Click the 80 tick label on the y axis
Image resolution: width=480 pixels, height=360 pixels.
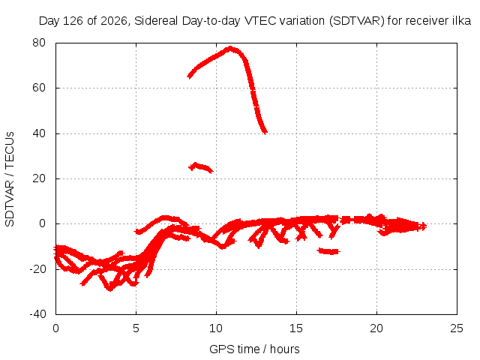coord(39,43)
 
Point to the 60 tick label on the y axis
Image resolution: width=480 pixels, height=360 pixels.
coord(39,88)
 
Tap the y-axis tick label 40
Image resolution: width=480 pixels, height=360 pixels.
coord(39,133)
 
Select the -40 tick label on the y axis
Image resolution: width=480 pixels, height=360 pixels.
coord(37,314)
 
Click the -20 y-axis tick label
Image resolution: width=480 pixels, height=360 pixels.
coord(37,269)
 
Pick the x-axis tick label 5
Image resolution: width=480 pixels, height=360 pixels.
coord(136,328)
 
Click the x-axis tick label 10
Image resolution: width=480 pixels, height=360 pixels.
coord(216,328)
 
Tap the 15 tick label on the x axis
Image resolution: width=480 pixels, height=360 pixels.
coord(296,328)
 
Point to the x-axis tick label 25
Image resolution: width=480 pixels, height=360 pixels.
coord(457,328)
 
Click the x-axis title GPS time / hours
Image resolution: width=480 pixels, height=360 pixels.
coord(254,349)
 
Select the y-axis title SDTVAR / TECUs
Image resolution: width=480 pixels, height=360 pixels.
coord(10,179)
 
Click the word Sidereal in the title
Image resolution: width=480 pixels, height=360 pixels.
coord(156,21)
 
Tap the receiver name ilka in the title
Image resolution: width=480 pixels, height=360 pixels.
coord(461,21)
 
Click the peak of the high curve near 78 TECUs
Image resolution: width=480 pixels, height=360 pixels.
coord(230,48)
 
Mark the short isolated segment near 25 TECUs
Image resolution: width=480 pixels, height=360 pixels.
coord(200,167)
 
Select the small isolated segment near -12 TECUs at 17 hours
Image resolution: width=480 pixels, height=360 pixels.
coord(329,251)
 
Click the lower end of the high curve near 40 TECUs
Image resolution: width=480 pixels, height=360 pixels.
coord(265,132)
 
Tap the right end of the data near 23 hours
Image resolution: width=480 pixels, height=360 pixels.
coord(423,226)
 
